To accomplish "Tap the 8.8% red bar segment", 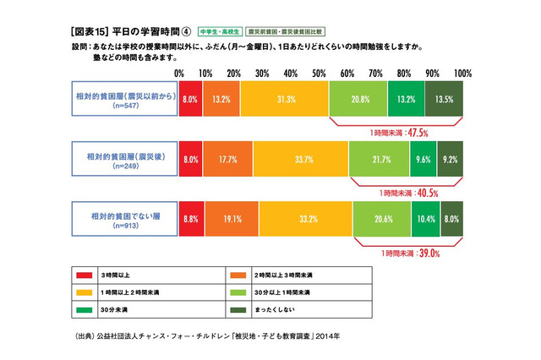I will [x=191, y=217].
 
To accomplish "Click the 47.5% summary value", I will [x=417, y=133].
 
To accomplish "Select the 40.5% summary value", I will [x=417, y=192].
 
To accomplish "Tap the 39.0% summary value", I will [x=417, y=251].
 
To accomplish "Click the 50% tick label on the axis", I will [x=320, y=74].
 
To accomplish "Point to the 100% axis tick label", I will [x=462, y=74].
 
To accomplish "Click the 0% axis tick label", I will [x=179, y=74].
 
